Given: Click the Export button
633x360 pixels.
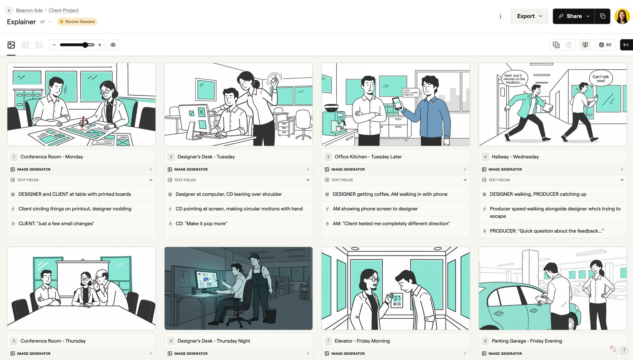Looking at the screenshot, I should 529,16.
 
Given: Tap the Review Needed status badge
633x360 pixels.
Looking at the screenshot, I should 77,22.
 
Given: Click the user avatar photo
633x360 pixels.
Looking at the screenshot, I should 622,16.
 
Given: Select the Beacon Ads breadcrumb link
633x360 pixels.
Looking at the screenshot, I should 29,10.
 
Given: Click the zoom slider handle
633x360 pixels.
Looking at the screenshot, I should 85,45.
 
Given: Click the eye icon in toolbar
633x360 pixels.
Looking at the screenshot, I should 113,45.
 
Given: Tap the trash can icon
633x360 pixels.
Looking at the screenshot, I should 569,45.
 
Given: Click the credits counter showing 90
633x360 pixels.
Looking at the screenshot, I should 605,45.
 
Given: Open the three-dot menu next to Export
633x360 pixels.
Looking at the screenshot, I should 500,16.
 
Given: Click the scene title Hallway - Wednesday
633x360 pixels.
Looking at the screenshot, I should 515,157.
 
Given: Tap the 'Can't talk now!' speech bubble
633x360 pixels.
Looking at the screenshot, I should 601,79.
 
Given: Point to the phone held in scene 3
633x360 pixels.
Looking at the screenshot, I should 397,103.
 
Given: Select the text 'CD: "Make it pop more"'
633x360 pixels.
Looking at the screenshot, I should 201,224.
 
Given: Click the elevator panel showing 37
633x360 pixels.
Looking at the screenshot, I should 397,301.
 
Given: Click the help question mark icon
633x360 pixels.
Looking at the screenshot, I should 624,350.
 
